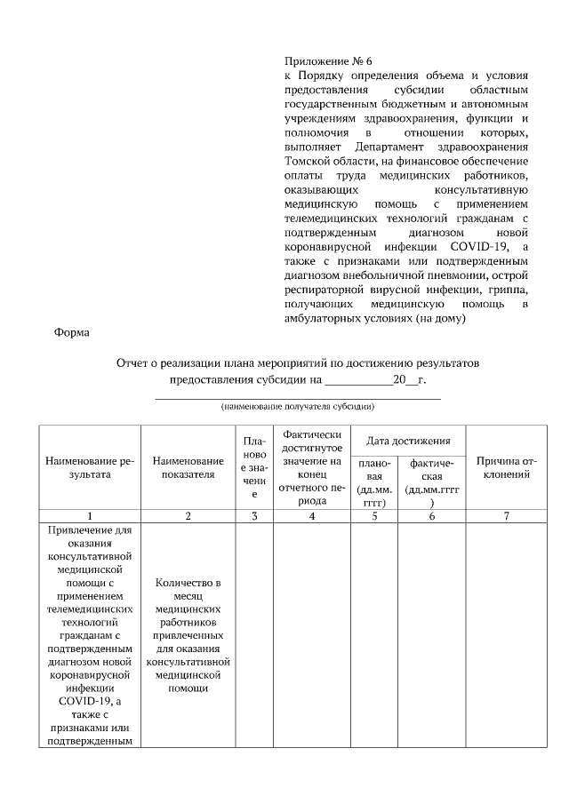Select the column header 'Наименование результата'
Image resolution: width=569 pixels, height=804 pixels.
pyautogui.click(x=90, y=467)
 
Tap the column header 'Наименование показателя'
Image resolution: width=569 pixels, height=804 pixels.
pyautogui.click(x=188, y=467)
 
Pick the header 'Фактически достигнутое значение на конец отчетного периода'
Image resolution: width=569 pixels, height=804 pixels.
pyautogui.click(x=311, y=467)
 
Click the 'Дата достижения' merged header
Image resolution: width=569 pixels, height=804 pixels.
pyautogui.click(x=408, y=441)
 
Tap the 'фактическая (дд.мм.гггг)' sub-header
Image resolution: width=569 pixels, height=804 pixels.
pyautogui.click(x=431, y=482)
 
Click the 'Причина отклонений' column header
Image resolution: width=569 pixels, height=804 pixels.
pyautogui.click(x=506, y=467)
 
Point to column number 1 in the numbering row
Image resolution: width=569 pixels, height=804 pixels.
pyautogui.click(x=90, y=516)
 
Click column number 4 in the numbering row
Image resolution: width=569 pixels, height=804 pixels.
pyautogui.click(x=311, y=516)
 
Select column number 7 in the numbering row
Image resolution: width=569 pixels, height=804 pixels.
pyautogui.click(x=506, y=516)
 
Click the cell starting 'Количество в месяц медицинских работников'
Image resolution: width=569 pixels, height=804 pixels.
pyautogui.click(x=188, y=635)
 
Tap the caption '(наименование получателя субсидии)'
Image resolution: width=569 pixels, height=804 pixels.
pyautogui.click(x=298, y=407)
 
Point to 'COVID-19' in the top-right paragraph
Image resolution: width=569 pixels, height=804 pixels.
pyautogui.click(x=483, y=246)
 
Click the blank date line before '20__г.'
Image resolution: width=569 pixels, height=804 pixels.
pyautogui.click(x=358, y=380)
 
